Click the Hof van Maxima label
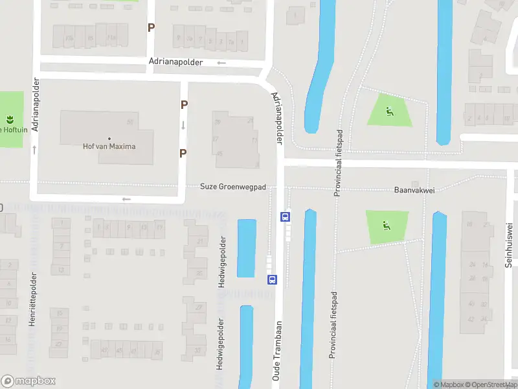(x=109, y=147)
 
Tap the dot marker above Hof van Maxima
(x=109, y=138)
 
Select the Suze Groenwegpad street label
(x=233, y=187)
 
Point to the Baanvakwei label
(x=412, y=191)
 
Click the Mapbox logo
(x=28, y=381)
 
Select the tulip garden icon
(x=10, y=119)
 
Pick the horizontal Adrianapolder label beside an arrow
(x=175, y=62)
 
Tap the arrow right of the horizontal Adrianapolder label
(x=221, y=63)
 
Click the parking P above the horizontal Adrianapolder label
(x=152, y=28)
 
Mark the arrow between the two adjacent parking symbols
(x=183, y=125)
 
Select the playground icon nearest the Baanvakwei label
(x=387, y=226)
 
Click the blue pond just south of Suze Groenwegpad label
(x=247, y=248)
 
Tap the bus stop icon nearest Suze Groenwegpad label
(x=285, y=217)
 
